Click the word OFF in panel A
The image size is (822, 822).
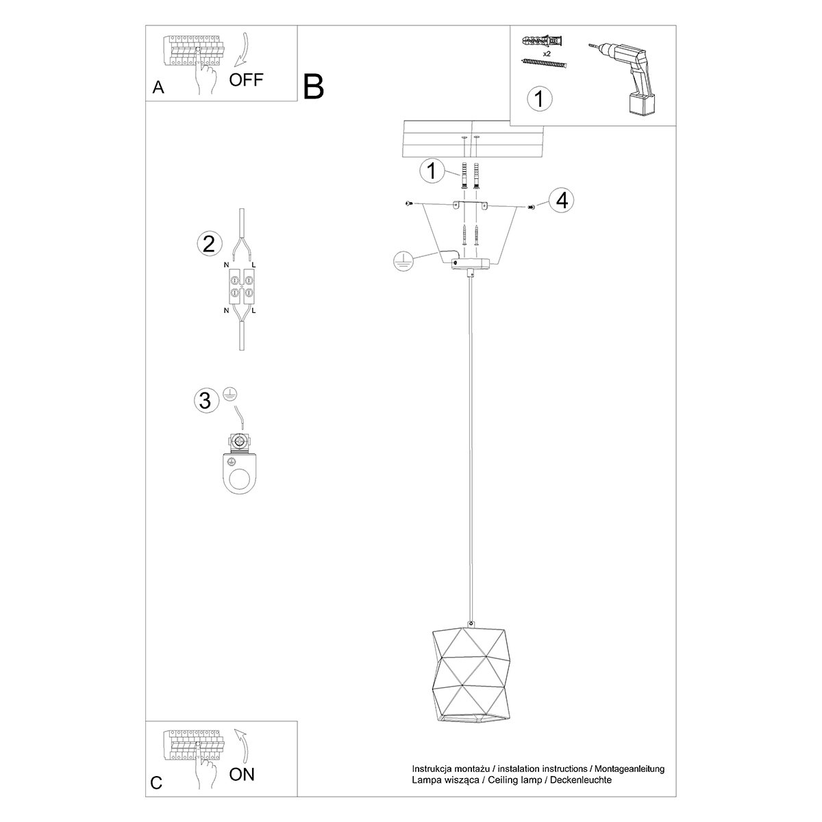click(x=246, y=79)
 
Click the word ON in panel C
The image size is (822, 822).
click(x=241, y=774)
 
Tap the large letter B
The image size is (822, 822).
click(x=314, y=87)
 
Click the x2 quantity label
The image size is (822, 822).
click(x=547, y=53)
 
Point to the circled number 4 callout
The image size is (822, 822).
click(x=562, y=201)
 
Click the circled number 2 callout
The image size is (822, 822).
click(x=210, y=244)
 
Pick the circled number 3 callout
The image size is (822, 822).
click(x=206, y=401)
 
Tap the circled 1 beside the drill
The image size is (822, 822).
click(x=540, y=99)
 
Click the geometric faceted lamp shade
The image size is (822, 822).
click(x=471, y=680)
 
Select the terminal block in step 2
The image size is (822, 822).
click(x=242, y=286)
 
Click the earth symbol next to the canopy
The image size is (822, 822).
click(x=403, y=260)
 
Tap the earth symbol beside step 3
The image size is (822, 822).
click(x=229, y=394)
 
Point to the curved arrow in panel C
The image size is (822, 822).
click(x=242, y=745)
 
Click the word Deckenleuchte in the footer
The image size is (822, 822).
click(x=581, y=780)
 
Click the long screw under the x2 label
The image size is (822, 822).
click(x=545, y=64)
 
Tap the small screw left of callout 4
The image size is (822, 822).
click(x=408, y=204)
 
